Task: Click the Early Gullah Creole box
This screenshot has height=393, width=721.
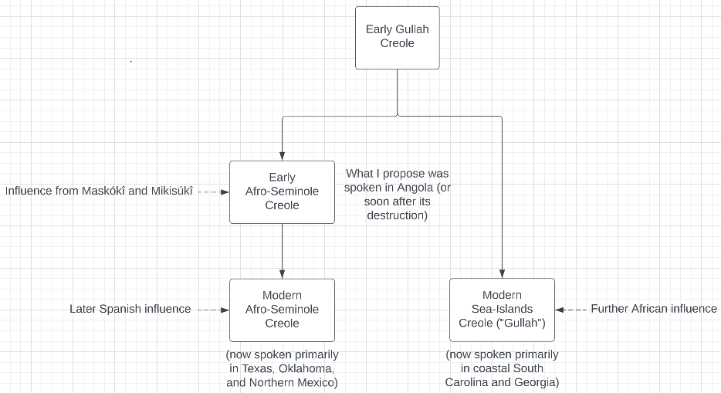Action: click(x=397, y=37)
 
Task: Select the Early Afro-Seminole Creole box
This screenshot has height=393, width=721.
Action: click(x=282, y=191)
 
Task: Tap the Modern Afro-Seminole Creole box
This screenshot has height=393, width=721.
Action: click(x=282, y=310)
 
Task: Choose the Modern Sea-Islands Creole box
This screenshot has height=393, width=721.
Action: click(x=502, y=310)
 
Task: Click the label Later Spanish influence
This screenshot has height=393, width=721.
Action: click(x=130, y=309)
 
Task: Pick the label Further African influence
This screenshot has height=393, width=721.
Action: click(x=653, y=309)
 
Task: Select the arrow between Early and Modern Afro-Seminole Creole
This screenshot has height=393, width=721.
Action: click(x=282, y=250)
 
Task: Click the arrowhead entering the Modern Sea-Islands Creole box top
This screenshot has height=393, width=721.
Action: click(x=502, y=273)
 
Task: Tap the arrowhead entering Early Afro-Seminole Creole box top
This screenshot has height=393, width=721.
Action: click(x=282, y=155)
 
